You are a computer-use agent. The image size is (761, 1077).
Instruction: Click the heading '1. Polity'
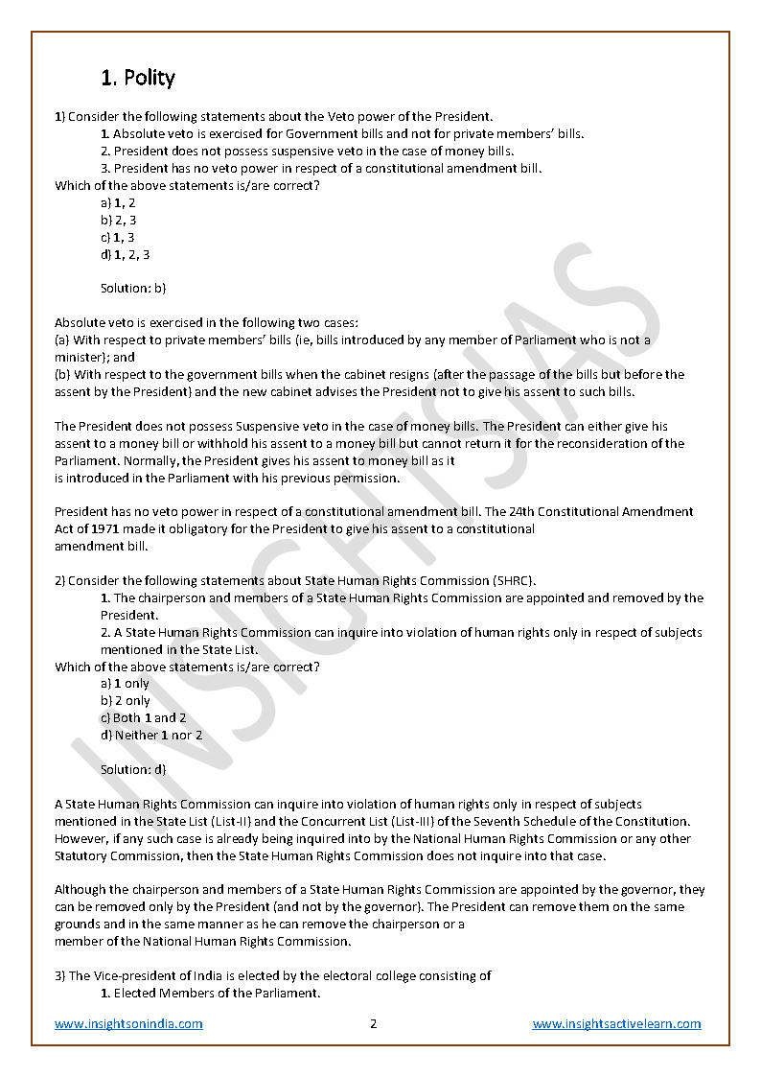coord(138,78)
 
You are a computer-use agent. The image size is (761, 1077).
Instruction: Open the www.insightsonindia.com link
coord(128,1023)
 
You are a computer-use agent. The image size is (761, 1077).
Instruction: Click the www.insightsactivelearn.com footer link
coord(616,1023)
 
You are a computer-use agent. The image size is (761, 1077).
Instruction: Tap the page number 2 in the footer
coord(374,1023)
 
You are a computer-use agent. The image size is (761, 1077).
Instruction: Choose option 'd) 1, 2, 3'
coord(125,254)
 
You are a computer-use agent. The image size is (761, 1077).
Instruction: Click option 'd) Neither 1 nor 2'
coord(151,735)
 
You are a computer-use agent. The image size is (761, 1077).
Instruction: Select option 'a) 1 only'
coord(125,684)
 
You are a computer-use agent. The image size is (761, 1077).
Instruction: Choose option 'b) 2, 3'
coord(119,220)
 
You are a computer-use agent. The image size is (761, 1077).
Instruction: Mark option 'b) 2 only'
coord(126,700)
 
